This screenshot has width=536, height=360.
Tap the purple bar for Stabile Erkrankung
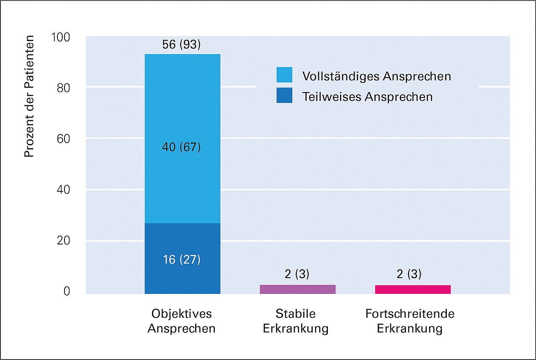(297, 289)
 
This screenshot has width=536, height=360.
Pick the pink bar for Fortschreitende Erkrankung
(412, 289)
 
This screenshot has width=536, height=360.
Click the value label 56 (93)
(181, 45)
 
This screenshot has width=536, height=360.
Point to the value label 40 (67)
(181, 147)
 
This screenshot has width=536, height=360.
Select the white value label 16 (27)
(181, 260)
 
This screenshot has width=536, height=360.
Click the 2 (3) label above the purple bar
(297, 274)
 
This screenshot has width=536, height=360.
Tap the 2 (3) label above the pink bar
(409, 274)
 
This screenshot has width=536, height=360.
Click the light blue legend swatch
(284, 75)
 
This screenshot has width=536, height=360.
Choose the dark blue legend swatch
(284, 95)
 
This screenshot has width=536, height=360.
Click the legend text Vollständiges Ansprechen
(376, 76)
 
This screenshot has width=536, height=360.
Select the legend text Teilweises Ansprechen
(367, 97)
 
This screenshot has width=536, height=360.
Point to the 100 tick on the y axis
(61, 37)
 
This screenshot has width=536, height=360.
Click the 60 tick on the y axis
(64, 139)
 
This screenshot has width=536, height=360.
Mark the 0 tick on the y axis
(67, 291)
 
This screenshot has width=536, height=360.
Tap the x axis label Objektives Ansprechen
(181, 321)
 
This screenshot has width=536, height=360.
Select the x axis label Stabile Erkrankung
(296, 321)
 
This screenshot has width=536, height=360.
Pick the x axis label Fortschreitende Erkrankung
(410, 321)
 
